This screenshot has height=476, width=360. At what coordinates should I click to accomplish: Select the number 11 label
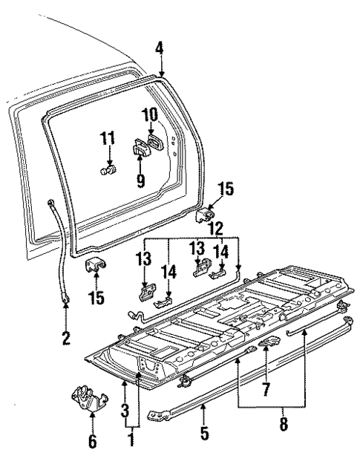coord(108,138)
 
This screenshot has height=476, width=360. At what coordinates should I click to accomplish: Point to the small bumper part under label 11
coord(108,172)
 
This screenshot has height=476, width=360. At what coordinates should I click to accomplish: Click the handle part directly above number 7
coord(269,342)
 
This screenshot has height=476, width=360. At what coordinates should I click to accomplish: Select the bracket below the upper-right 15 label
coord(204,216)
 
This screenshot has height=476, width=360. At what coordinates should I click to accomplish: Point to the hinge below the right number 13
coord(200,270)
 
